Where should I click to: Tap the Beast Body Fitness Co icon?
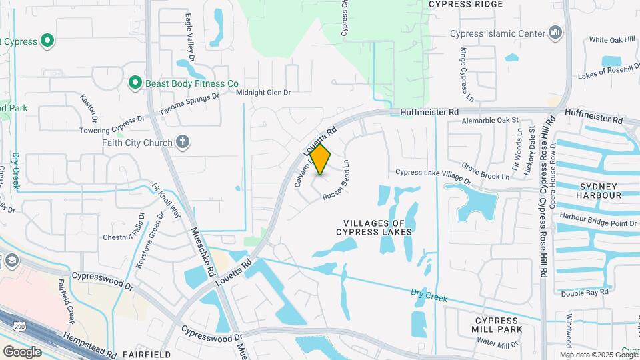(x=135, y=83)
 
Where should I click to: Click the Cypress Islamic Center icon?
(x=555, y=33)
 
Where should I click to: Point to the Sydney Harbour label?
(x=601, y=191)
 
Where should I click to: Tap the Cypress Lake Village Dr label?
(x=433, y=177)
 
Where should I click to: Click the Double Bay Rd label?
(x=585, y=292)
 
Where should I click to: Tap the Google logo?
(x=22, y=351)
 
